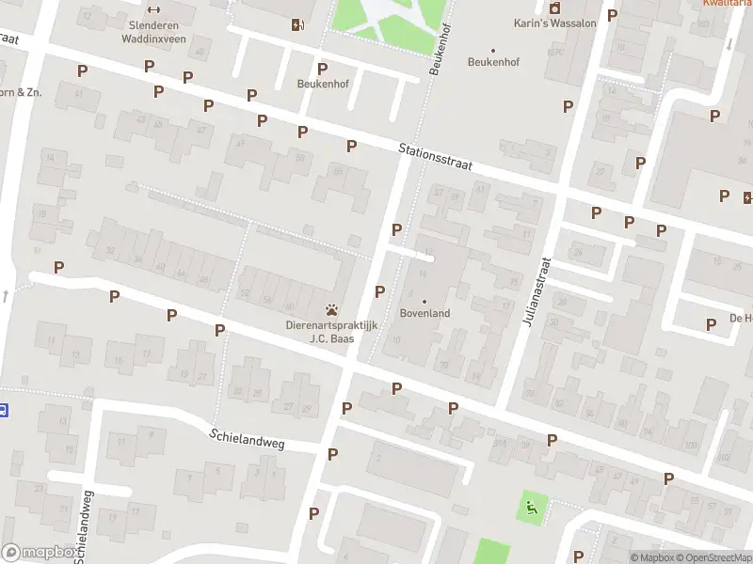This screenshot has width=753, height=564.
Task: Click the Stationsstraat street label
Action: click(434, 156)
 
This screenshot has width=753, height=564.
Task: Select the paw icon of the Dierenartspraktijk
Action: click(331, 309)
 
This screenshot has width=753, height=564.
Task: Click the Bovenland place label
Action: click(425, 313)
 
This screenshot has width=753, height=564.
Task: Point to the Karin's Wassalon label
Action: click(554, 23)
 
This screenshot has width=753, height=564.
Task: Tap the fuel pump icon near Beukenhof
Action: click(298, 24)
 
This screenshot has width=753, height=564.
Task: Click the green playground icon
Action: click(532, 509)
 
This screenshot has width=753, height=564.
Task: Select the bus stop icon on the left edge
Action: click(4, 410)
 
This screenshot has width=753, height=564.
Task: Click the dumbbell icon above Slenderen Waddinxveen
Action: click(153, 9)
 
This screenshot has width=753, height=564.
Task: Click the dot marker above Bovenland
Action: click(425, 302)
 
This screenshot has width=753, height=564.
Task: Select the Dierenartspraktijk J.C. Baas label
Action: click(331, 332)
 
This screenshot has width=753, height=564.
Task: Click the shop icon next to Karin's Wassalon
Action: click(554, 8)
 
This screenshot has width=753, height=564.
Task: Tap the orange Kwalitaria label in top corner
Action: click(727, 3)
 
